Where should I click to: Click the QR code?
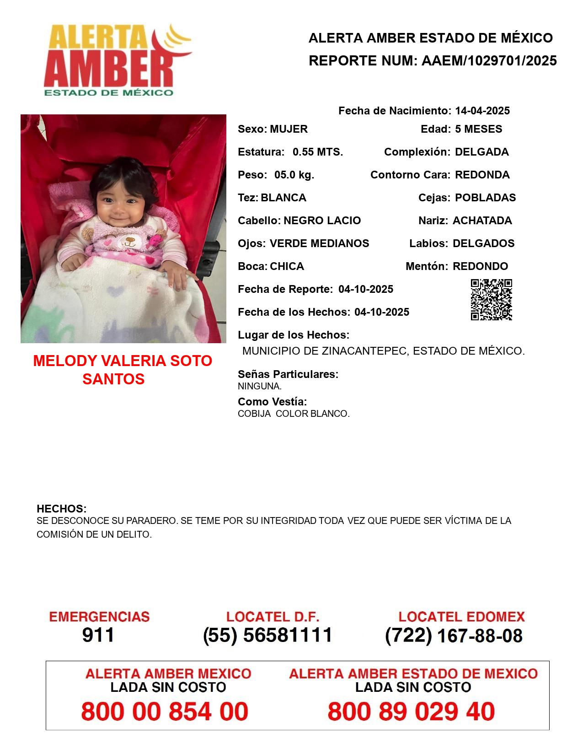[x=491, y=299]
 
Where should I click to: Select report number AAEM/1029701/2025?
[x=489, y=60]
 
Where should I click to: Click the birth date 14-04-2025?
[x=482, y=111]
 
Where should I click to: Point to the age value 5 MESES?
[x=478, y=129]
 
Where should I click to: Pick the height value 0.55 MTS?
[x=317, y=152]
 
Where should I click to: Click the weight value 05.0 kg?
[x=294, y=175]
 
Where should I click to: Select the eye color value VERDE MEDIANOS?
[x=319, y=243]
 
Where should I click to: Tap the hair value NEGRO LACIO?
[x=322, y=221]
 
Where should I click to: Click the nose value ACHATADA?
[x=482, y=221]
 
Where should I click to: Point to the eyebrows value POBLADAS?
[x=485, y=198]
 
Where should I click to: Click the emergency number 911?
[x=98, y=635]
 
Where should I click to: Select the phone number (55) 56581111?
[x=267, y=635]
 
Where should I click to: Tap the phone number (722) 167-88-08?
[x=454, y=636]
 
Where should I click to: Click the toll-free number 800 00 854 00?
[x=165, y=712]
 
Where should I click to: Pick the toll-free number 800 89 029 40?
[x=411, y=712]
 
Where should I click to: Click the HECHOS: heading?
[x=61, y=509]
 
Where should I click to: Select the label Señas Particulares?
[x=288, y=374]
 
